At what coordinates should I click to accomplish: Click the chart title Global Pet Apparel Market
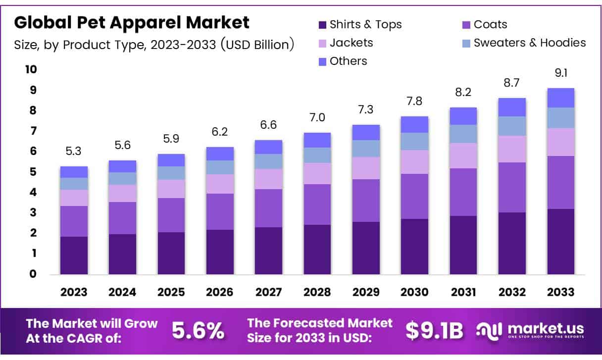[132, 22]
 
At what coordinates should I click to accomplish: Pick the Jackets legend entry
[351, 43]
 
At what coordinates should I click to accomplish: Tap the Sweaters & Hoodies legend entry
[529, 43]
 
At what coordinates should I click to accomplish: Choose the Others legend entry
[348, 61]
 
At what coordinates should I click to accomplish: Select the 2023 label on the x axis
[74, 292]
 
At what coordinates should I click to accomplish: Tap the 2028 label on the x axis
[317, 292]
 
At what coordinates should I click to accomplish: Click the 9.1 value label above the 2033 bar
[560, 73]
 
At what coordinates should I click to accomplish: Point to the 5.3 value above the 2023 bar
[74, 151]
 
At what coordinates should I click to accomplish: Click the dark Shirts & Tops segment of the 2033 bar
[560, 242]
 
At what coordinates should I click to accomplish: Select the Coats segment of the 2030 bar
[414, 196]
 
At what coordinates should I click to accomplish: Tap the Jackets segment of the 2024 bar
[122, 193]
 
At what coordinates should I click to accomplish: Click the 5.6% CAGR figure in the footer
[198, 331]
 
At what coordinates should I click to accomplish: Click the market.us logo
[530, 330]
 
